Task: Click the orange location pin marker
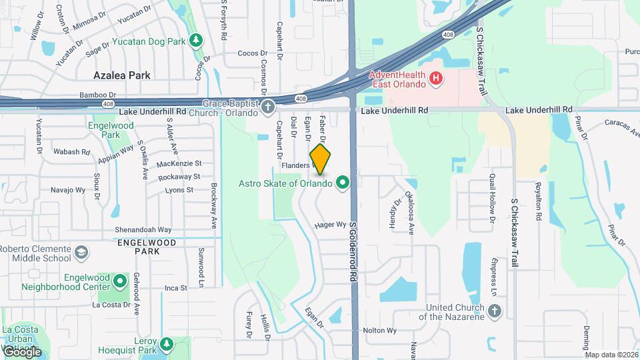(321, 159)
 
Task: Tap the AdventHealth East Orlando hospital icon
(436, 79)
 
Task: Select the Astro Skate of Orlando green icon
(343, 182)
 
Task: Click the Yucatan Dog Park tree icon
(196, 41)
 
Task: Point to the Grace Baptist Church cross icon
(268, 107)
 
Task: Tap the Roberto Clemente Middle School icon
(81, 253)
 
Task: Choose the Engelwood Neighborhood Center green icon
(120, 281)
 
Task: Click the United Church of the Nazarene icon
(494, 311)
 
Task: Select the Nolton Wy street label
(379, 330)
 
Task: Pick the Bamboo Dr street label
(98, 95)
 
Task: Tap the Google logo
(22, 351)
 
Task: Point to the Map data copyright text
(611, 355)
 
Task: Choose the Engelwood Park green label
(111, 130)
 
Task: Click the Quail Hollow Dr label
(493, 197)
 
